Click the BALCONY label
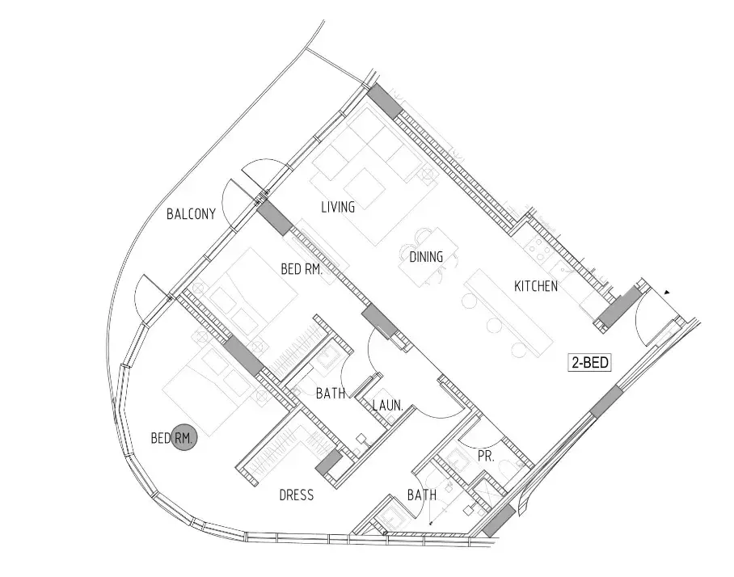[191, 214]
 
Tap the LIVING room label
[338, 207]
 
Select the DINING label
[426, 256]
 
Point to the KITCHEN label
[535, 286]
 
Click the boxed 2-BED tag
[590, 362]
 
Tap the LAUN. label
[387, 405]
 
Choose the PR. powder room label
[486, 457]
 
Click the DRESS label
[297, 495]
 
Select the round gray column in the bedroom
[183, 438]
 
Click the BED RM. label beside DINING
[302, 269]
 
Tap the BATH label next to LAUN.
[331, 393]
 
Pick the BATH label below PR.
[422, 495]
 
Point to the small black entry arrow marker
[667, 293]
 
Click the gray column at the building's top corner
[385, 101]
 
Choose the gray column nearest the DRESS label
[329, 462]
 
